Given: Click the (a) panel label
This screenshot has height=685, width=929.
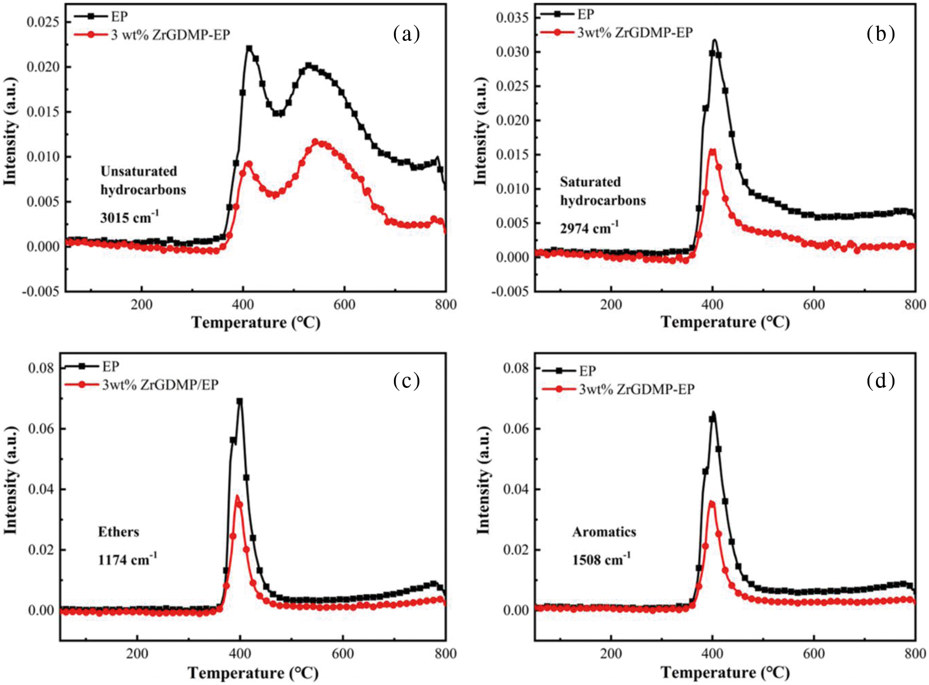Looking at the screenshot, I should tap(406, 34).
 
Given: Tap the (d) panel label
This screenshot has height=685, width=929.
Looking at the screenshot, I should tap(880, 380).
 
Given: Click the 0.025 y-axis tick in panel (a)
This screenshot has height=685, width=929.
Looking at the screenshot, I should tap(42, 22).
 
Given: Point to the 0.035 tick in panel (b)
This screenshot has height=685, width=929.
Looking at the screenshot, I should tap(512, 18).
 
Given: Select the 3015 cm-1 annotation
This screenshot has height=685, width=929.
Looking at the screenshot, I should tap(129, 216).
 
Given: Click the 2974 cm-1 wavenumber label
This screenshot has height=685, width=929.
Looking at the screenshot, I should tap(589, 228).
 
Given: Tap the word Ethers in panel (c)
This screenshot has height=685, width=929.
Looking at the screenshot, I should tap(118, 532).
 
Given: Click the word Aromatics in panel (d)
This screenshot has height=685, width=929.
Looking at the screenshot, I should tap(604, 532).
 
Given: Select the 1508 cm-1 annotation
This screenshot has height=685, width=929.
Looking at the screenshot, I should tap(601, 559).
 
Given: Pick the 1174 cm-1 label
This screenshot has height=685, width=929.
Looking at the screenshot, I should tap(127, 559).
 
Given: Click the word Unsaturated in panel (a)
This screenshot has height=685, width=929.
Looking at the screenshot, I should tap(139, 171).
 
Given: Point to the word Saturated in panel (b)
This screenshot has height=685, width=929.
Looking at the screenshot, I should tap(590, 182).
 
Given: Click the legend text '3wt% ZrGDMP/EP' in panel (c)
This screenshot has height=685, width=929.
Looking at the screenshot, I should tap(160, 385).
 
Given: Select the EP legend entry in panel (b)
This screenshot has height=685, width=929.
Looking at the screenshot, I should tap(586, 14).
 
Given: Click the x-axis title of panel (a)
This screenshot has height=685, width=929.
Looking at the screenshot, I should tap(255, 323).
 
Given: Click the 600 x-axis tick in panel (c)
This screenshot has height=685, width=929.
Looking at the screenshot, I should tap(342, 653).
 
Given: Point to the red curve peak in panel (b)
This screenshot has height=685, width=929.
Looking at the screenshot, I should tap(712, 151).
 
